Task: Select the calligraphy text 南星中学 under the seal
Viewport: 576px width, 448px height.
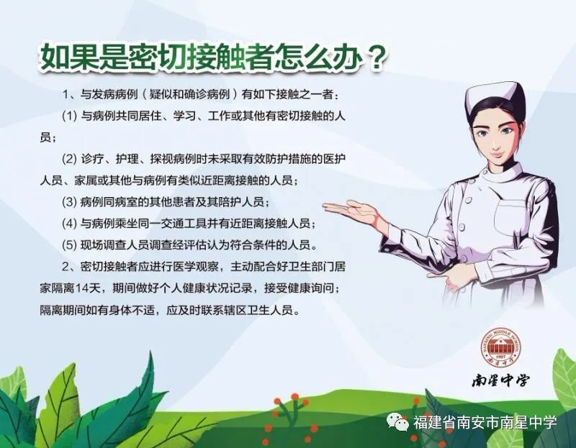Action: pyautogui.click(x=500, y=380)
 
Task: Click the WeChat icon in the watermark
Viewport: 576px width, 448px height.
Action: pyautogui.click(x=397, y=422)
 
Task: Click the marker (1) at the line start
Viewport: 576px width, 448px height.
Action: pyautogui.click(x=69, y=116)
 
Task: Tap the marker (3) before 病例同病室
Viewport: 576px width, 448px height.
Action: pyautogui.click(x=69, y=202)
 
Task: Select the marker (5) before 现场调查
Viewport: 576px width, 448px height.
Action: pyautogui.click(x=69, y=244)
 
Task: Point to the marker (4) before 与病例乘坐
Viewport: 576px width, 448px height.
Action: pyautogui.click(x=69, y=223)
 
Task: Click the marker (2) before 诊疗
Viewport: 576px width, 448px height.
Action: pyautogui.click(x=69, y=159)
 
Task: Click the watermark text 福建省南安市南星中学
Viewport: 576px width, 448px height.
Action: pyautogui.click(x=485, y=422)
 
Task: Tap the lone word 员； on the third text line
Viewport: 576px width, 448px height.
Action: pyautogui.click(x=48, y=138)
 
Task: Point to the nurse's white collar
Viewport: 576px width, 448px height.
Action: pyautogui.click(x=501, y=173)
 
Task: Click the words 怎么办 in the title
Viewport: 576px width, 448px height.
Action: pyautogui.click(x=316, y=58)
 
